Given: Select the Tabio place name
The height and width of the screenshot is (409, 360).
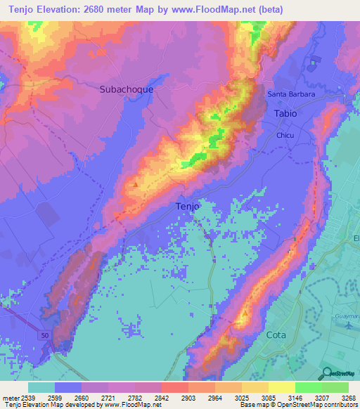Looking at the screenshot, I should (285, 113).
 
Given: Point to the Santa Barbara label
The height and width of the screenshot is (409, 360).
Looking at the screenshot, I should (290, 94).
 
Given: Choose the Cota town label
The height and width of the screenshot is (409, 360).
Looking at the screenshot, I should (277, 335).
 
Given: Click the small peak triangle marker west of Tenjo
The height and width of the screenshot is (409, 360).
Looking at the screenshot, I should (135, 185).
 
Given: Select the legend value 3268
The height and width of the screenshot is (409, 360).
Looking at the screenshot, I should (348, 397).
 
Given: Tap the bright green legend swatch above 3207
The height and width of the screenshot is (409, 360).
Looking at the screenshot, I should (308, 387).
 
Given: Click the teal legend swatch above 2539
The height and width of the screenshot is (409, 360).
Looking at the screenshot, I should (41, 387).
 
